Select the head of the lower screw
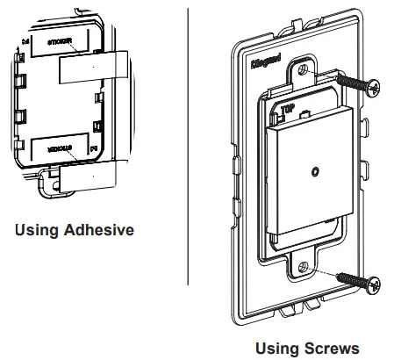click(376, 284)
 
